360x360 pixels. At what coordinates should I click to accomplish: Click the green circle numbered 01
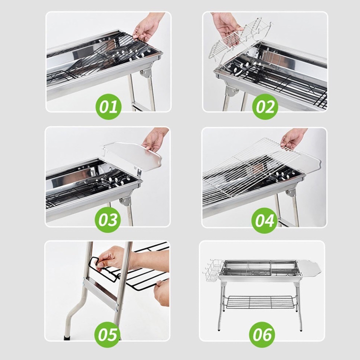(108, 106)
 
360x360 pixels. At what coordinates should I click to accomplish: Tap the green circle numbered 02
(265, 106)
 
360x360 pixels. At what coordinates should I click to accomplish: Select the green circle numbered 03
(107, 220)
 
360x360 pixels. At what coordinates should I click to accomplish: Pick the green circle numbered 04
(264, 220)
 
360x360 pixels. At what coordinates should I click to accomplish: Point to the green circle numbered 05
(107, 334)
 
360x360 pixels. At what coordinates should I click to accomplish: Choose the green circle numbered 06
(262, 334)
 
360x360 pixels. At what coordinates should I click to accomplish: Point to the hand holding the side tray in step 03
(155, 139)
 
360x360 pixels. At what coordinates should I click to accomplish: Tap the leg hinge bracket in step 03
(125, 200)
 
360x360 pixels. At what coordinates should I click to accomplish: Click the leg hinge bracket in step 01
(146, 73)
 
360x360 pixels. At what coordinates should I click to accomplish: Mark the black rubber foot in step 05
(66, 337)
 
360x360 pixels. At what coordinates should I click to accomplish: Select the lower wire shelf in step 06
(259, 301)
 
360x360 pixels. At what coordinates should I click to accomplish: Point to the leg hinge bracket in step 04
(291, 193)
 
